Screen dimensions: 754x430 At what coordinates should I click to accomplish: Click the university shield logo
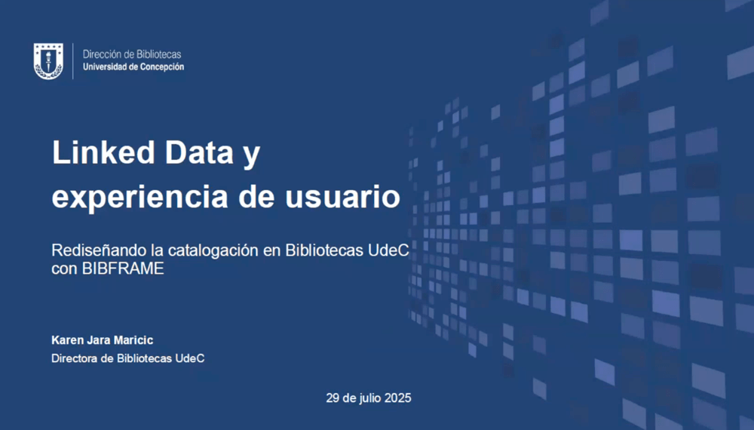(x=48, y=61)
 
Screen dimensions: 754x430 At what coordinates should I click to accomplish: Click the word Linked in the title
(x=103, y=152)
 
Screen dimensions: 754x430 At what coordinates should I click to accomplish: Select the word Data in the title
(x=199, y=152)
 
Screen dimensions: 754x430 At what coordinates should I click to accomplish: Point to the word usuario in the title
(x=343, y=197)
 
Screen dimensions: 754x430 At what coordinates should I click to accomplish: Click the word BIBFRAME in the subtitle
(x=123, y=269)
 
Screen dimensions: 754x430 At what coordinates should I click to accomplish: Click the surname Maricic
(x=133, y=340)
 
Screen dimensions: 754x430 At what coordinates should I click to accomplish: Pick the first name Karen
(x=68, y=340)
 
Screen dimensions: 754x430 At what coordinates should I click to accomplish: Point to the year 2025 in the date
(x=397, y=398)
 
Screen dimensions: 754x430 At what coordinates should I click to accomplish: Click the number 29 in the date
(x=333, y=398)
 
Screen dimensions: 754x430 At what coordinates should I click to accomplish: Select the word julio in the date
(x=370, y=398)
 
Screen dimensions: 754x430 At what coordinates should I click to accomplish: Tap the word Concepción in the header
(x=161, y=67)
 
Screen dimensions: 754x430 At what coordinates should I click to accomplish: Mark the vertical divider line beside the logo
(x=73, y=61)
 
